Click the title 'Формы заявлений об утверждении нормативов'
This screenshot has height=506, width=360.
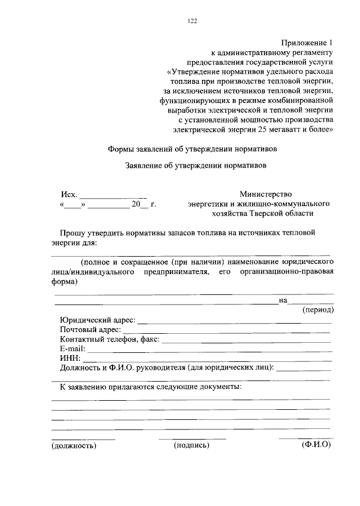click(191, 150)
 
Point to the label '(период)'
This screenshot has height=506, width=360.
click(318, 310)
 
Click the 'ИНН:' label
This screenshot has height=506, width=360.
click(70, 359)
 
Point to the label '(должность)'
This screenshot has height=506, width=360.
click(74, 446)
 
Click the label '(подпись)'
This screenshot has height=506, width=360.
click(192, 446)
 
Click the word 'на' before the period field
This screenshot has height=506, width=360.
click(283, 301)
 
